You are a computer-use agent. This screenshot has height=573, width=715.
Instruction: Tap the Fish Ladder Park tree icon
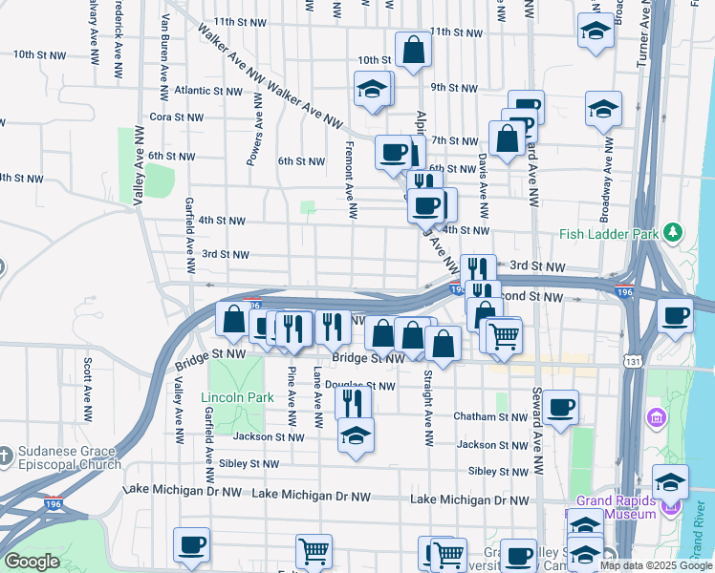pyautogui.click(x=674, y=232)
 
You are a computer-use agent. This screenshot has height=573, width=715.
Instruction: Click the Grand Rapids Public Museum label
pyautogui.click(x=617, y=507)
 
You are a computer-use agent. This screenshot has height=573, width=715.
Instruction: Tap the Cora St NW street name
pyautogui.click(x=176, y=117)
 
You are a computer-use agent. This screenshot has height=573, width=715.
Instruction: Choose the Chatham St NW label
pyautogui.click(x=492, y=417)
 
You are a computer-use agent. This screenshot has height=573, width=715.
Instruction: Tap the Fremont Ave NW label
pyautogui.click(x=352, y=173)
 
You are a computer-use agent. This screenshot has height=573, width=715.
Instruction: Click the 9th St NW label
pyautogui.click(x=453, y=88)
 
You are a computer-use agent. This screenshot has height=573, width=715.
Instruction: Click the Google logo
pyautogui.click(x=31, y=562)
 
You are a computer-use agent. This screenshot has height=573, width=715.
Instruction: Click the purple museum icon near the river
pyautogui.click(x=656, y=418)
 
